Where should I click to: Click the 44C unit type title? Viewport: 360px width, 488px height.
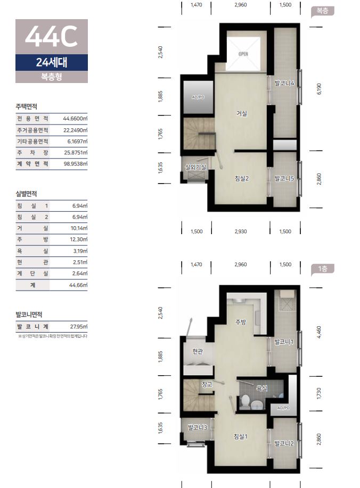click(51, 37)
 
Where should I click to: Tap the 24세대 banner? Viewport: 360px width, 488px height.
click(52, 62)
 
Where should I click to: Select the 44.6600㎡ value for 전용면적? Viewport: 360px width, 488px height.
click(75, 119)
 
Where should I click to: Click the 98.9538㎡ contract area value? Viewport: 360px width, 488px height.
click(76, 164)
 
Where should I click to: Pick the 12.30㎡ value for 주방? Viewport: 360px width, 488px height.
click(79, 239)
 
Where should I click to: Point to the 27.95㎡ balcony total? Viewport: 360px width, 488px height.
click(79, 326)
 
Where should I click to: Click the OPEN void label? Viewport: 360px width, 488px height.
click(243, 54)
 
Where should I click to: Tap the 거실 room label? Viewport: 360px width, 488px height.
click(242, 113)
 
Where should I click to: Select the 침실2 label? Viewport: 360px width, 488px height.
click(242, 178)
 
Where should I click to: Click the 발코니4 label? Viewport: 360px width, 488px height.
click(284, 84)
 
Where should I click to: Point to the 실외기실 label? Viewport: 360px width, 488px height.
click(195, 167)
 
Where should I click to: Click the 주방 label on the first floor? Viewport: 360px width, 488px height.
click(240, 322)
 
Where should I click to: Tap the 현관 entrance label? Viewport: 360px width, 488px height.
click(198, 351)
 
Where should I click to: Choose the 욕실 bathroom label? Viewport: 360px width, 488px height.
click(261, 388)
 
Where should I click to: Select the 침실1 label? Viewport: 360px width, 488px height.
click(241, 436)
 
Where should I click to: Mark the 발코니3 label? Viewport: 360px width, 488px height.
click(198, 427)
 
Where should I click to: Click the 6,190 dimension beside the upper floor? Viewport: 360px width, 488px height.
click(318, 89)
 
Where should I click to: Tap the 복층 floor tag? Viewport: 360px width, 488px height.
click(322, 11)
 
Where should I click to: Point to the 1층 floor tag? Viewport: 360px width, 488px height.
click(323, 269)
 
